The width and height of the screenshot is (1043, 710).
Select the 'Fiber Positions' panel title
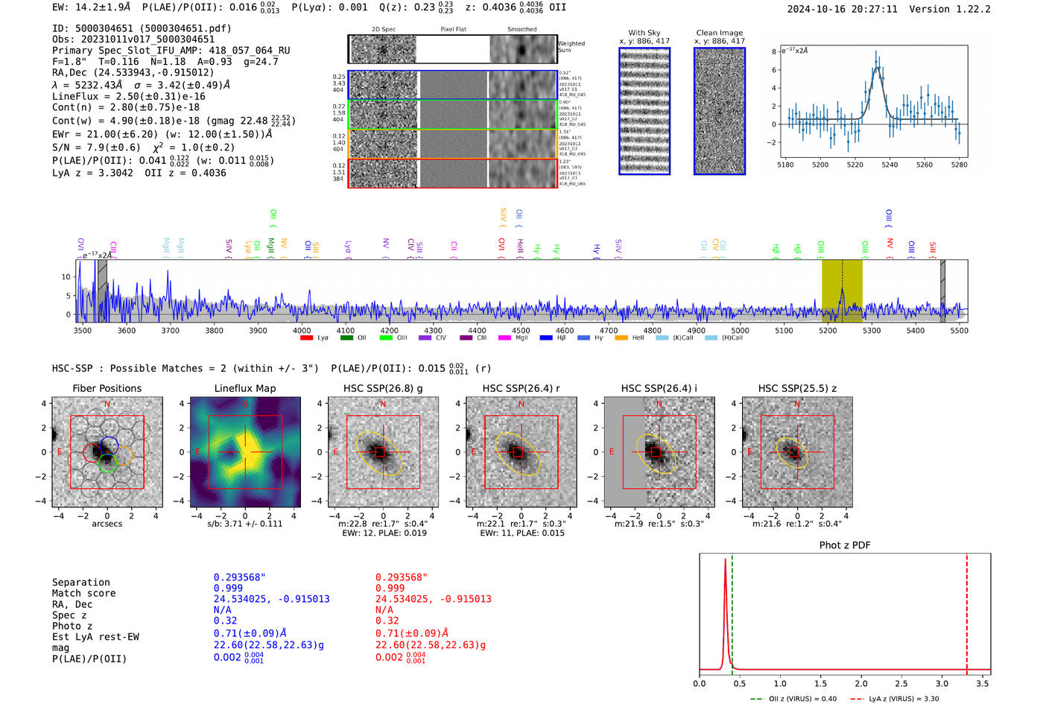pos(107,388)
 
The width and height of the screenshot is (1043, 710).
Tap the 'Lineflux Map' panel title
pos(244,388)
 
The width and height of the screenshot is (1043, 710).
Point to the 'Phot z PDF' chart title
pos(845,545)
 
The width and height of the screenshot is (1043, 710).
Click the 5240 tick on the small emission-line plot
pos(890,165)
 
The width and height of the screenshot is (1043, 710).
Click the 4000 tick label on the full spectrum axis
pos(302,331)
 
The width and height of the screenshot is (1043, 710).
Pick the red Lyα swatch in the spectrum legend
pos(306,338)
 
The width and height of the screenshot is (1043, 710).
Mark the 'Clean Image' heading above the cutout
pos(719,33)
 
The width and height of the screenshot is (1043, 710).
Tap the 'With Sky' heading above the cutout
pos(644,33)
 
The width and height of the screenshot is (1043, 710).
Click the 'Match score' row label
pos(83,594)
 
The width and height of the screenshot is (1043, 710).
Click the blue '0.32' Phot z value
pos(225,621)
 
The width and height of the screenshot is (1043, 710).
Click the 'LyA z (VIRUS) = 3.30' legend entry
pos(902,699)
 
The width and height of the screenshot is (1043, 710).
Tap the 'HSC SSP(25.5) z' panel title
pos(797,388)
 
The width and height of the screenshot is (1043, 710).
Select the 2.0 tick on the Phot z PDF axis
pos(861,683)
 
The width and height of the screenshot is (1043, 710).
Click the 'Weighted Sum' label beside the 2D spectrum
pos(571,47)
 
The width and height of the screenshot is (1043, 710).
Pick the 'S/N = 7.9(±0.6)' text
pos(96,148)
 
